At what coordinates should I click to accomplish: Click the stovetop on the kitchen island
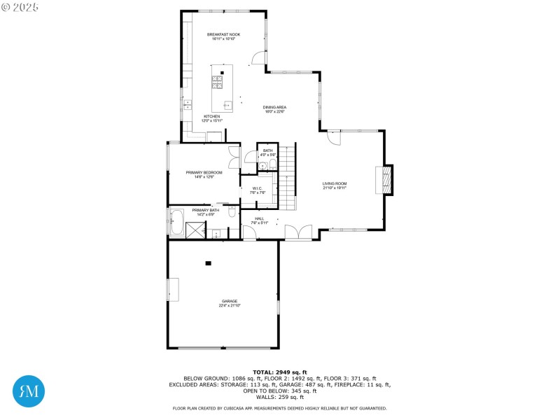pyautogui.click(x=217, y=82)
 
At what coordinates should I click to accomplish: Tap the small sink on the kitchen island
pyautogui.click(x=226, y=104)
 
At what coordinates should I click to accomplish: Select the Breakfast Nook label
pyautogui.click(x=223, y=34)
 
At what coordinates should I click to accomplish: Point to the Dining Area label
pyautogui.click(x=275, y=107)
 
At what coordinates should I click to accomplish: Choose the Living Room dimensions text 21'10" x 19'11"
pyautogui.click(x=335, y=188)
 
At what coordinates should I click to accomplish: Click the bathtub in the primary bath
pyautogui.click(x=177, y=223)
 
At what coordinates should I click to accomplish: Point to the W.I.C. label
pyautogui.click(x=257, y=188)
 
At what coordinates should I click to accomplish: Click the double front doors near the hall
pyautogui.click(x=299, y=234)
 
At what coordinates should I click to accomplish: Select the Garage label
pyautogui.click(x=230, y=301)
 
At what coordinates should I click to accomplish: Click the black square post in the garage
pyautogui.click(x=208, y=263)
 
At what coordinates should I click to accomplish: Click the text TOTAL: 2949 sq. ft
pyautogui.click(x=279, y=372)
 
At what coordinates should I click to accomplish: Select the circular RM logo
pyautogui.click(x=29, y=391)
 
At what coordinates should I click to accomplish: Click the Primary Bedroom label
pyautogui.click(x=204, y=172)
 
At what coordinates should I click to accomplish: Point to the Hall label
pyautogui.click(x=259, y=218)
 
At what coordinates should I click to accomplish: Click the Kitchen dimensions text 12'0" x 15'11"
pyautogui.click(x=211, y=120)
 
